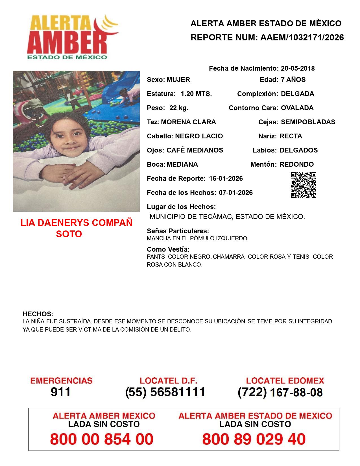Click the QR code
pos(304,185)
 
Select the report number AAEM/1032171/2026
pos(302,38)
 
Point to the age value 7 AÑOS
pos(293,80)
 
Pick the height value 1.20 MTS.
pos(196,94)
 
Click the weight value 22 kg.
pos(179,108)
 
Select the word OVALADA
pos(297,108)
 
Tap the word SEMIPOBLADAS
pos(308,122)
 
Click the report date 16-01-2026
pos(226,178)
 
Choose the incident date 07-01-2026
pos(236,193)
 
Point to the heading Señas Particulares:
pos(178,231)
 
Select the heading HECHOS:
pos(38,314)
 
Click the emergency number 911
pos(61,392)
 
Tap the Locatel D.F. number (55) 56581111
pos(165,392)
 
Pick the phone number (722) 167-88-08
pos(280,392)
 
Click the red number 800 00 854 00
pos(102,439)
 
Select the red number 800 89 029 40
pos(254,439)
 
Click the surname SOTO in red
pos(69,234)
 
